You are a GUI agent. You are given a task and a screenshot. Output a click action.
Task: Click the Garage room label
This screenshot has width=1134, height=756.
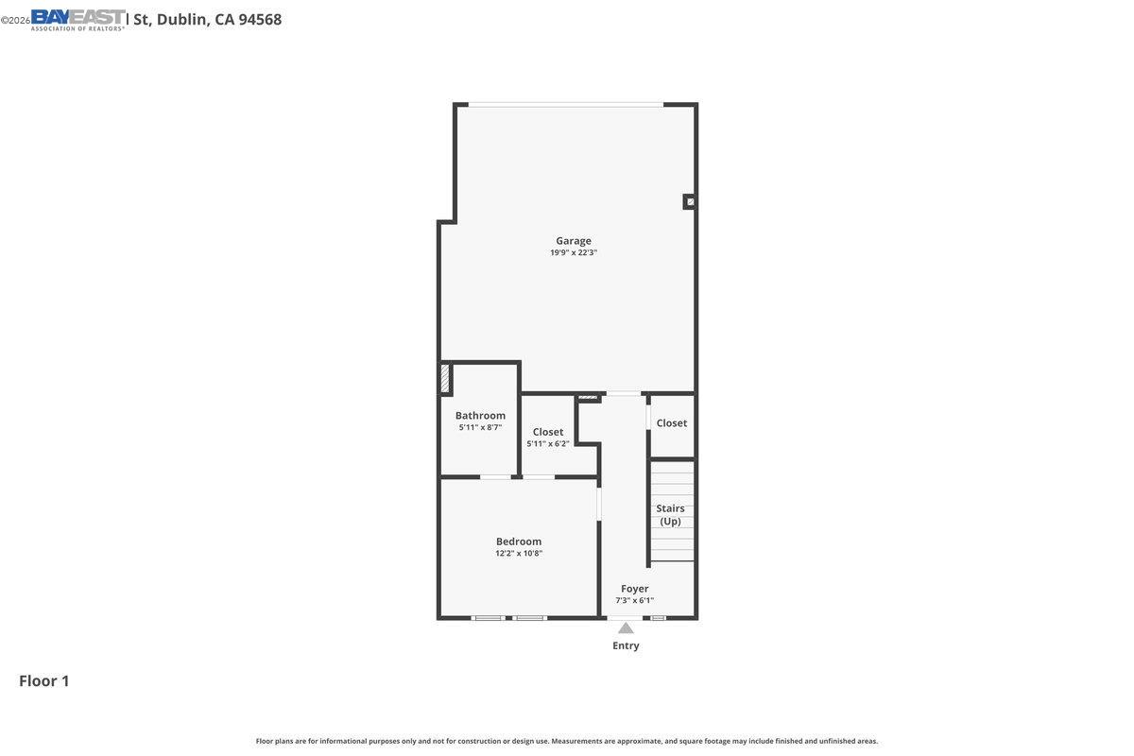click(573, 241)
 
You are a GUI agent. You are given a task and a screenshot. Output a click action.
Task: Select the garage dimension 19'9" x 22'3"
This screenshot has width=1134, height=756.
click(573, 253)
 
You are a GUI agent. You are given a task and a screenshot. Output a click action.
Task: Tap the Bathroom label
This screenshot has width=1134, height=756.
click(480, 416)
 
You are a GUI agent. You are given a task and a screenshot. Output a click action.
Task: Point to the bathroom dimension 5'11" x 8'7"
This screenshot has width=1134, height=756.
click(480, 428)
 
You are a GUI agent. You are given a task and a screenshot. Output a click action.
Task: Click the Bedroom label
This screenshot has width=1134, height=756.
click(519, 541)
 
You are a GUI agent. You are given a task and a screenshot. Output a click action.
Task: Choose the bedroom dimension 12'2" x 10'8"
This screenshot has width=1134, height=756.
click(519, 554)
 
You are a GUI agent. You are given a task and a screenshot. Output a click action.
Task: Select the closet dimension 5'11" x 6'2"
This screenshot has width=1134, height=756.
click(548, 444)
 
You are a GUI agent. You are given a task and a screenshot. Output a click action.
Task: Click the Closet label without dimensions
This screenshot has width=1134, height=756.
click(672, 423)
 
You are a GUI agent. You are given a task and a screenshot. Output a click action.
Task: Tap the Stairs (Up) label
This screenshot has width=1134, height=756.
click(670, 515)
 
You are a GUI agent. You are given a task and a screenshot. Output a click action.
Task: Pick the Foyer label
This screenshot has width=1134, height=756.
click(634, 589)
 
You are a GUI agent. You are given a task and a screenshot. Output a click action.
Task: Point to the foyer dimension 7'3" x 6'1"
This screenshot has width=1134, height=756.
click(634, 601)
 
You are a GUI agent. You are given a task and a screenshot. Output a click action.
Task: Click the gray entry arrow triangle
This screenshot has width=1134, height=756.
click(626, 628)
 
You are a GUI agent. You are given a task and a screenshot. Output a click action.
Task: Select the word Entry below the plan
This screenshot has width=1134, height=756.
click(626, 646)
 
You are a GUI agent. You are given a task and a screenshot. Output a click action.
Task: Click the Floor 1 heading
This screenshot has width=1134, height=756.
click(44, 680)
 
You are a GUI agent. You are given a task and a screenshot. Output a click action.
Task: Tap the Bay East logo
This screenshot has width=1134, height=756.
click(77, 19)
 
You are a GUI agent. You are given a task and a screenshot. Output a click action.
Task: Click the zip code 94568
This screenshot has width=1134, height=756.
click(260, 19)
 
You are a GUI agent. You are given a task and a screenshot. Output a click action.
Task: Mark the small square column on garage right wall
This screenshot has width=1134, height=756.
click(690, 201)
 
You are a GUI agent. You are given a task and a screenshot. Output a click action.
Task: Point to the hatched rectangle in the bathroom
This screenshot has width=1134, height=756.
click(445, 379)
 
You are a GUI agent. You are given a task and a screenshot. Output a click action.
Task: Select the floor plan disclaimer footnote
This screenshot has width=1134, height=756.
click(567, 741)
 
